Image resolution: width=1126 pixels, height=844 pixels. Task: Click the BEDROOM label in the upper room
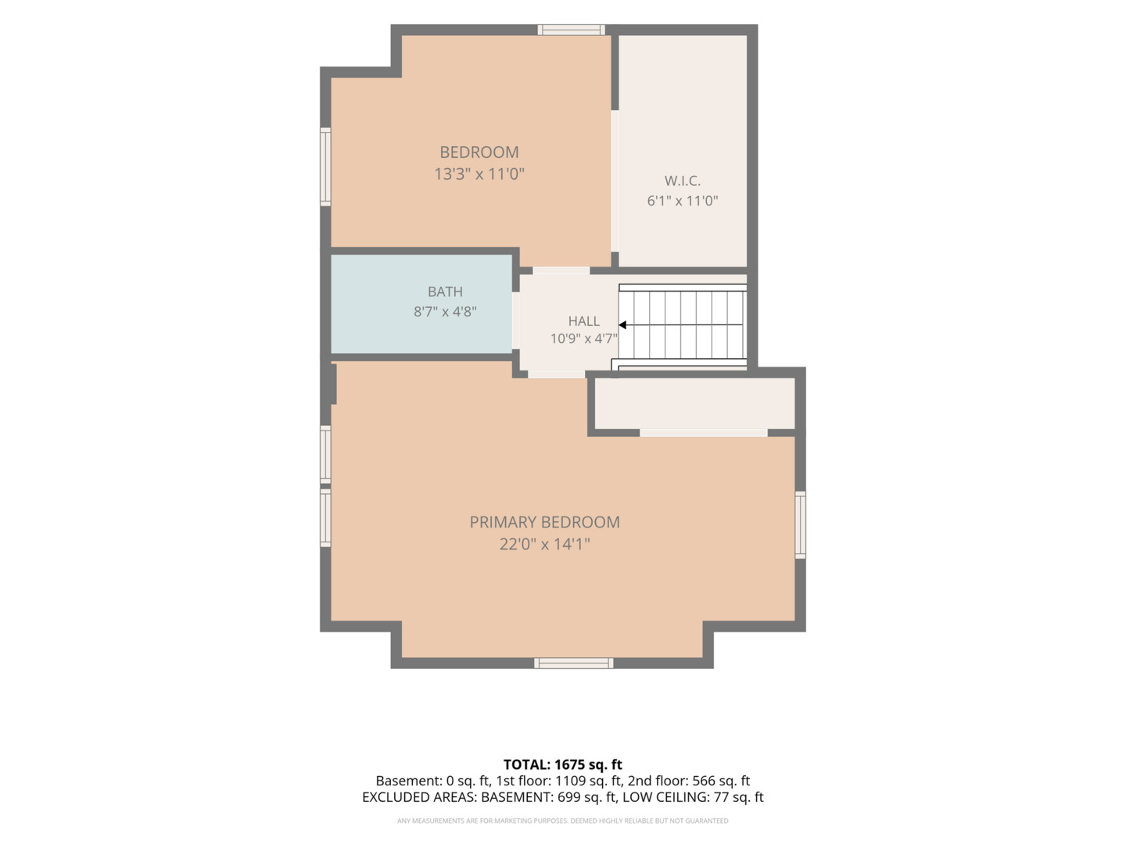tap(479, 152)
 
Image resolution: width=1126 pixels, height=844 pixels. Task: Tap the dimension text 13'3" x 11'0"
tap(479, 174)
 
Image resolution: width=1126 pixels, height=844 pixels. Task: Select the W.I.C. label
tap(683, 181)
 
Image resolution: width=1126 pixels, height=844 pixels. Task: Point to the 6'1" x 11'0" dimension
tap(683, 201)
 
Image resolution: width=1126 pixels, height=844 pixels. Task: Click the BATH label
tap(445, 291)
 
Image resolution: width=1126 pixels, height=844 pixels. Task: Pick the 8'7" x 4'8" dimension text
tap(445, 312)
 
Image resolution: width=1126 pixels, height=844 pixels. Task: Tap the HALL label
tap(584, 321)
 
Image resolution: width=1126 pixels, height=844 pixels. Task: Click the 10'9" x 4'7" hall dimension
tap(584, 338)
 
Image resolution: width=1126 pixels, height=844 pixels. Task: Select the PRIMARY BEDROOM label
tap(545, 522)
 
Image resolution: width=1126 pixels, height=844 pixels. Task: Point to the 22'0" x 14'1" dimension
tap(545, 544)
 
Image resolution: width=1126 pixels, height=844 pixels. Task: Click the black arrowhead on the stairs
tap(622, 325)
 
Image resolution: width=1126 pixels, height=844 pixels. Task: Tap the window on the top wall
tap(571, 30)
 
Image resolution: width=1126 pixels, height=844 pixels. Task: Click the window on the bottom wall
tap(573, 663)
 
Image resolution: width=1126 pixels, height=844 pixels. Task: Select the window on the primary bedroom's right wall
tap(800, 524)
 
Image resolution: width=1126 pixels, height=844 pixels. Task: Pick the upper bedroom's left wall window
tap(325, 166)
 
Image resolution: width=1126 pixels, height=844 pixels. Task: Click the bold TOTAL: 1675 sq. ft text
tap(563, 764)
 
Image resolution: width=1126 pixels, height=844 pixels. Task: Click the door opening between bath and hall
tap(515, 320)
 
